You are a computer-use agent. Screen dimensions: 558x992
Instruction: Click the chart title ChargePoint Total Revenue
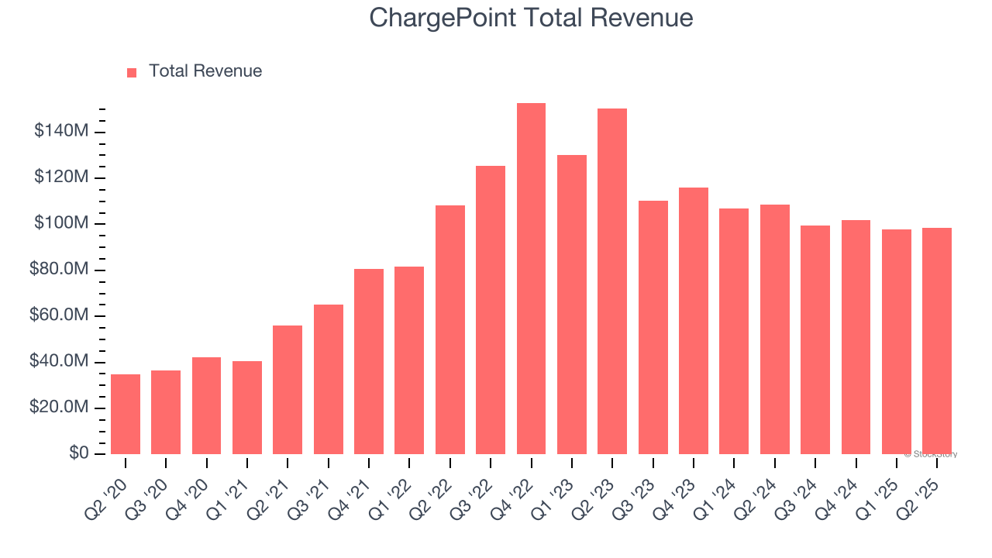click(531, 17)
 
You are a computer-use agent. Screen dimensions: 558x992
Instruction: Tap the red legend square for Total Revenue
click(132, 72)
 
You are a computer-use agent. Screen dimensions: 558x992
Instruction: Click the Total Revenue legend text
click(205, 71)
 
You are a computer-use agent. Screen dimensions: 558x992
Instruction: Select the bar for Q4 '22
click(531, 279)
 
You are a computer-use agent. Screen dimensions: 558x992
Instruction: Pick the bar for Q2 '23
click(612, 281)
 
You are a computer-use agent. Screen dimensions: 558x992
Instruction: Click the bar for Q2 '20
click(126, 414)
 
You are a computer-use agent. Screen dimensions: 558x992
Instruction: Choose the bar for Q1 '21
click(247, 408)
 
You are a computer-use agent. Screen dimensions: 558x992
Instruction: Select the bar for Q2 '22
click(450, 329)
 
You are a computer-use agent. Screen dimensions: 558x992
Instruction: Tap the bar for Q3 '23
click(653, 327)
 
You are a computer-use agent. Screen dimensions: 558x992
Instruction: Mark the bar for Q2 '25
click(937, 341)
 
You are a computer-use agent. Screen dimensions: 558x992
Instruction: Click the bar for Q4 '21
click(369, 361)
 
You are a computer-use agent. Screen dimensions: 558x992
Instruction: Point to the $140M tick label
click(61, 132)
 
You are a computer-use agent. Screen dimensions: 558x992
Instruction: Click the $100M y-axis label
click(61, 224)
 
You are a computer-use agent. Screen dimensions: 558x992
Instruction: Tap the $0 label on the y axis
click(77, 453)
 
